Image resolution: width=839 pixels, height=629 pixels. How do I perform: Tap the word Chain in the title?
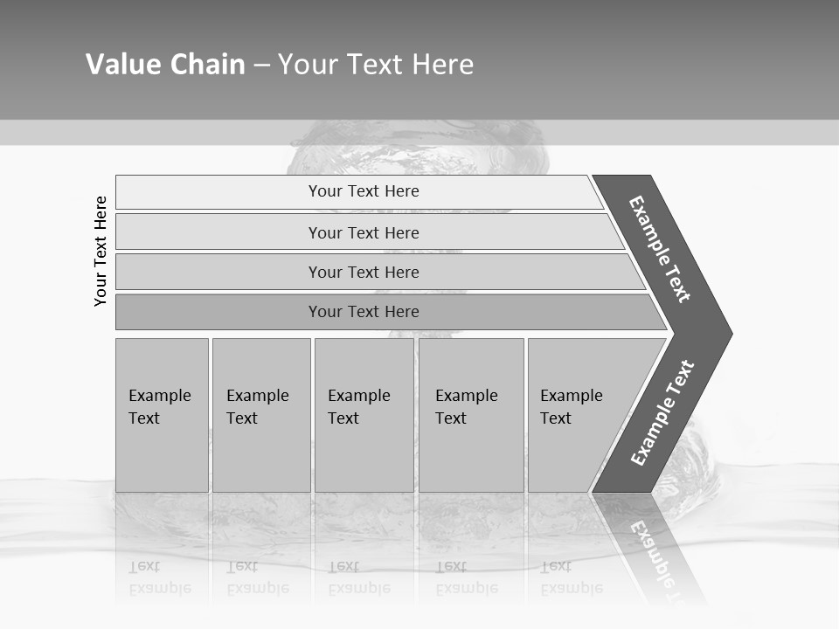point(208,65)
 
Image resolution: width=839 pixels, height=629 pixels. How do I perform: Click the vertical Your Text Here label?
point(101,251)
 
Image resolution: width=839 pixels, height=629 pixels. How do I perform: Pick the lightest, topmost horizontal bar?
point(218,192)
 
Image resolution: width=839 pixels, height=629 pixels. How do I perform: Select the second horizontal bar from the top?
point(218,232)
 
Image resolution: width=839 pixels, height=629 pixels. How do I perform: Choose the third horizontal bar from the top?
point(218,272)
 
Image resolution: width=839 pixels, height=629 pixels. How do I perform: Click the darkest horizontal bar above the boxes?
point(218,312)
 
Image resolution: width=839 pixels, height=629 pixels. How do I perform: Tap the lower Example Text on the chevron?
point(662,413)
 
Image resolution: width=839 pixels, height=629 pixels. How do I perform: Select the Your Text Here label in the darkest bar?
point(364,312)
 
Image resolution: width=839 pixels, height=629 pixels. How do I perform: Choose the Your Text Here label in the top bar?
point(364,191)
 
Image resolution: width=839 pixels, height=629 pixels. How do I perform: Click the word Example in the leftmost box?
point(159,396)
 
